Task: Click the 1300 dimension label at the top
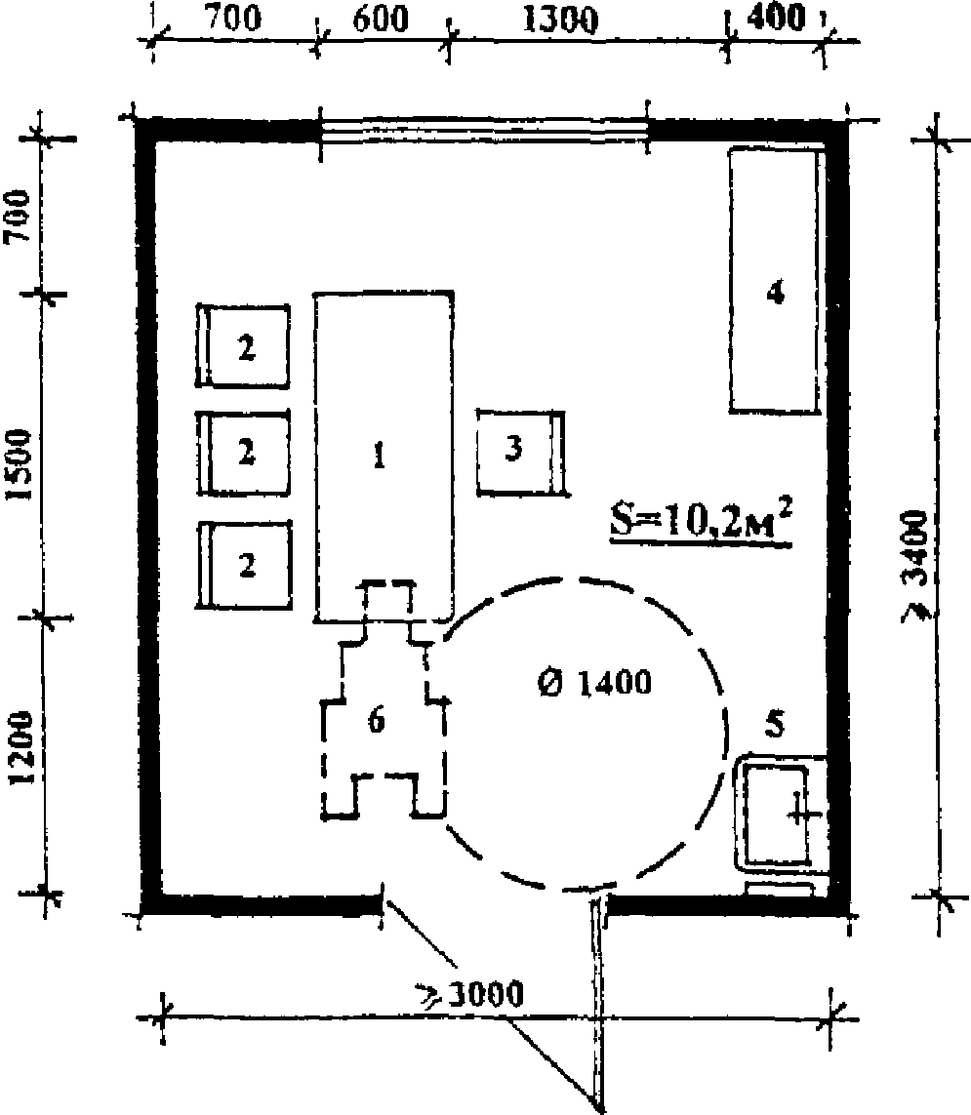coord(560,20)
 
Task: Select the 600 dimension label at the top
coord(381,20)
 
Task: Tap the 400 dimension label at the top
coord(776,17)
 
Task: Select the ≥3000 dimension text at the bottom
coord(470,994)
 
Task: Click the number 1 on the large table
coord(380,456)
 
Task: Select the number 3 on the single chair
coord(513,448)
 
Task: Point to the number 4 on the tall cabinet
coord(776,293)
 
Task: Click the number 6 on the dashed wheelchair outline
coord(377,720)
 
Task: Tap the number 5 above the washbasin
coord(775,723)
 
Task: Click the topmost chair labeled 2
coord(243,346)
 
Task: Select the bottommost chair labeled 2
coord(243,566)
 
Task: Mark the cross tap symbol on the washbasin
coord(801,816)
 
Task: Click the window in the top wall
coord(484,131)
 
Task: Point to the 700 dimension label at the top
coord(232,18)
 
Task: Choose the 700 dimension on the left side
coord(18,216)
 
